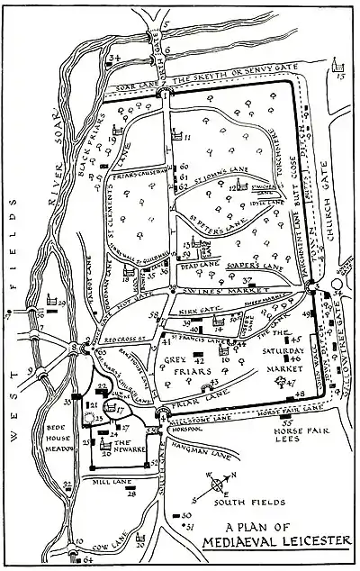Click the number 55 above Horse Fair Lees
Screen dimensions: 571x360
pos(287,420)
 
